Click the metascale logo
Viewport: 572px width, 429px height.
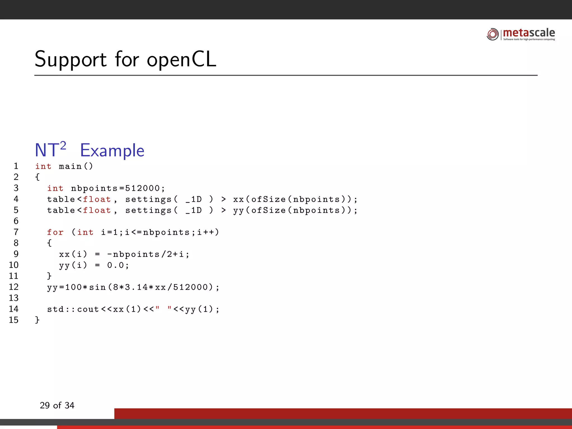pos(521,34)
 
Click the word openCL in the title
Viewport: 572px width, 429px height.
pos(182,59)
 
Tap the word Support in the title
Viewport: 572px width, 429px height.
pos(71,59)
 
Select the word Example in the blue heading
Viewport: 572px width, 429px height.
pos(112,151)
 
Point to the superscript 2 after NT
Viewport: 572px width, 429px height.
pos(63,146)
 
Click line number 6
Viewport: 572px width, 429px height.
pos(16,221)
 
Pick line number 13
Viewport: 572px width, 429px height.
pos(14,298)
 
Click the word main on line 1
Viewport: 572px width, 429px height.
pos(70,166)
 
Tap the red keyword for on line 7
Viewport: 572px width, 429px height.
pos(55,232)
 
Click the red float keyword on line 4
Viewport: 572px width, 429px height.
pos(97,199)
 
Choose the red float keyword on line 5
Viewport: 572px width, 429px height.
pos(97,210)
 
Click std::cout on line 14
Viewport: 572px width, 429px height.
pos(73,309)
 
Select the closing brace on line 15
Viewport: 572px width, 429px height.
pos(37,320)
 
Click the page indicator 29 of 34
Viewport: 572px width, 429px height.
pos(57,405)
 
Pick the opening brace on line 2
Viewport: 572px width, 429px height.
pos(37,177)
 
